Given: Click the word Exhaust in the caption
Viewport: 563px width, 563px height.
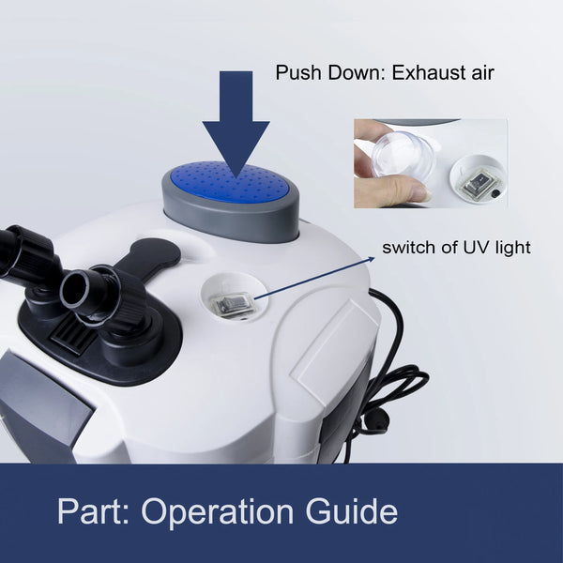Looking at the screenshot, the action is tap(423, 72).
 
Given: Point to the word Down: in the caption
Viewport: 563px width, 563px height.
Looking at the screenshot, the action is tap(357, 72).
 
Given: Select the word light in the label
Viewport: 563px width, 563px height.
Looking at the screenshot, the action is tap(512, 248).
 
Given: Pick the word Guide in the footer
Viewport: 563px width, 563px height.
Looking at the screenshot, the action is tap(352, 511).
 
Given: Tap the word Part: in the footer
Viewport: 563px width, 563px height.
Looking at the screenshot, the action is tap(93, 511).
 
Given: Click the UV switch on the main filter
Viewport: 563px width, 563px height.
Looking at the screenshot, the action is tap(234, 304).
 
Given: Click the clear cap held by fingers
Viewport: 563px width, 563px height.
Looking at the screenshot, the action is tap(403, 155).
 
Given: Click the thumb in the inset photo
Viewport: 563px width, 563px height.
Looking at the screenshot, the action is tap(390, 192).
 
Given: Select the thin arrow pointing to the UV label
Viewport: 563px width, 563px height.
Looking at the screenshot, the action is tap(314, 278).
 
